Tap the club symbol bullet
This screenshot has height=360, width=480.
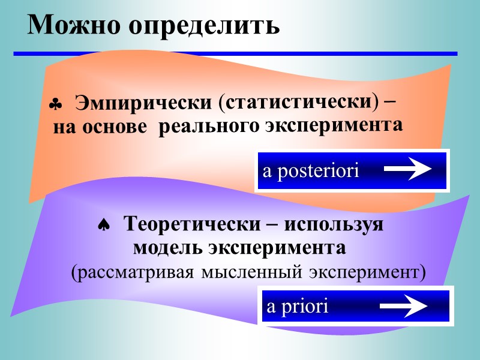(x=55, y=106)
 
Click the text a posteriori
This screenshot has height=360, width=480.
(x=311, y=172)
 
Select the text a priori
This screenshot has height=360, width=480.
(x=298, y=307)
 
